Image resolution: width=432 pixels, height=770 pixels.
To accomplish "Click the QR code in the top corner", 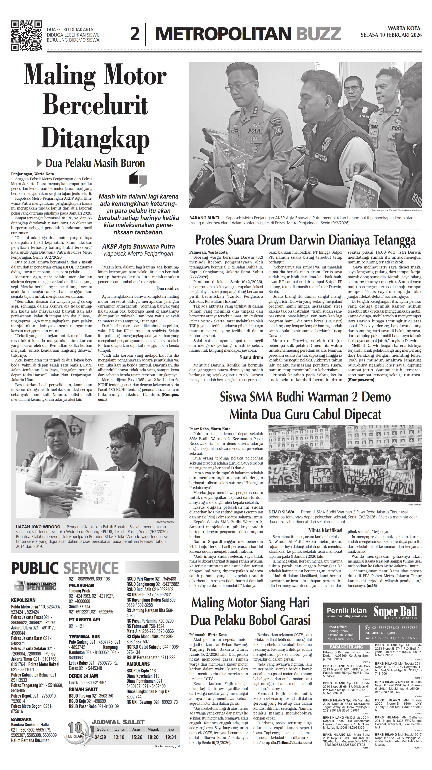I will point(26,36).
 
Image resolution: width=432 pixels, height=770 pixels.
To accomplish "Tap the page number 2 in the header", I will point(135,34).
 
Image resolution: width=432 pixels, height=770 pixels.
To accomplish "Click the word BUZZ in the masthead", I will point(318,34).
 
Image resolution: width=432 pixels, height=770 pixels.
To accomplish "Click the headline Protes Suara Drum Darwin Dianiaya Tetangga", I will point(305,240).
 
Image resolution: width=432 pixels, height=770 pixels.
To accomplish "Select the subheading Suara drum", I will point(251,357).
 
